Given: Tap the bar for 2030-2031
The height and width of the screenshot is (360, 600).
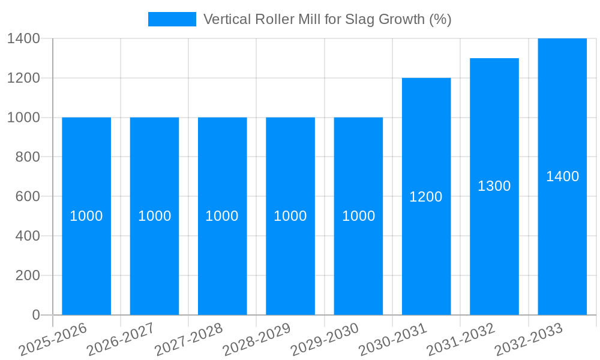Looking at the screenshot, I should (426, 252).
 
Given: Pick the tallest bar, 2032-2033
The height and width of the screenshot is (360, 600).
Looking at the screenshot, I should (562, 240).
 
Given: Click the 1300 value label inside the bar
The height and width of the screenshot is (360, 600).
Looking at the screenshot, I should (494, 186).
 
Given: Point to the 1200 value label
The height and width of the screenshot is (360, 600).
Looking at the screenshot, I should (426, 196).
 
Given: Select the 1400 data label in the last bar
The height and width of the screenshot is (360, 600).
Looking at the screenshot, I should (562, 176).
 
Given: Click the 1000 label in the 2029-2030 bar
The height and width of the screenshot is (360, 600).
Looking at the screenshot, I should (358, 216).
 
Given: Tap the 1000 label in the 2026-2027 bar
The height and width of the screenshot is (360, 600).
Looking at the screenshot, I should (154, 216).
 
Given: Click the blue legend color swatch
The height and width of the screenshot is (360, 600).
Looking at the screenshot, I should (172, 19).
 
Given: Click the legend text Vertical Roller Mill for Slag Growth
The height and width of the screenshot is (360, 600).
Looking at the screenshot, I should (327, 19).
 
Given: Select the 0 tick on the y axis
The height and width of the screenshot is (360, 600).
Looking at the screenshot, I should (35, 315).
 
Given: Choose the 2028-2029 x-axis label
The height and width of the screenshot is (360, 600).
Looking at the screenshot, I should (257, 340).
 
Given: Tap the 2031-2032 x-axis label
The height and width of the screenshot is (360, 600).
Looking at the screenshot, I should (461, 340).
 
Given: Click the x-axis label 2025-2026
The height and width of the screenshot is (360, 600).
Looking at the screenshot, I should (53, 340).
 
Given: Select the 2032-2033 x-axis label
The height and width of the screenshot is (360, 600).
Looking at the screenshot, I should (529, 340).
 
